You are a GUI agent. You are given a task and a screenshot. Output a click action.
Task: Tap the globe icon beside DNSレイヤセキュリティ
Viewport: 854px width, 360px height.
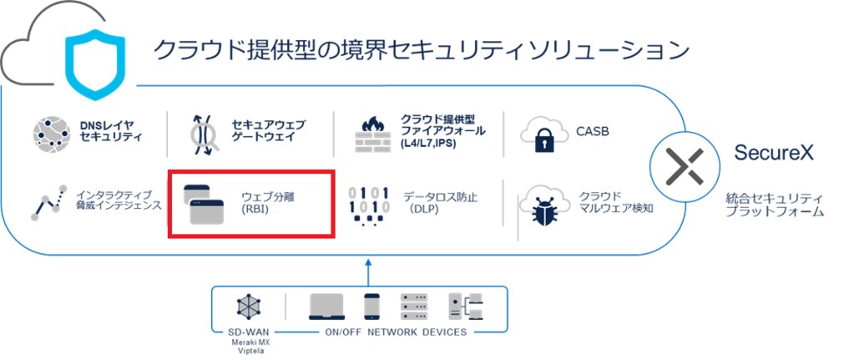click(x=52, y=133)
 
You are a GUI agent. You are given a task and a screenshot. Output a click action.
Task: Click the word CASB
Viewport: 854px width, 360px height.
click(x=593, y=131)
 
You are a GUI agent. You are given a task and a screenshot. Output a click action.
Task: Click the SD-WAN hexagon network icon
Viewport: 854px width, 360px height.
click(x=249, y=307)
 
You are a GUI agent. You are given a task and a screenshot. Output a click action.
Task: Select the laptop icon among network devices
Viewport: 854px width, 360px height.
click(x=328, y=307)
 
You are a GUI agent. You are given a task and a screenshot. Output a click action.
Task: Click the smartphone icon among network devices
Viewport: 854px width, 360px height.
click(x=372, y=307)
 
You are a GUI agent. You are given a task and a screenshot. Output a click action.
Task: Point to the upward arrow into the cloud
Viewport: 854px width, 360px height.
click(x=367, y=271)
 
